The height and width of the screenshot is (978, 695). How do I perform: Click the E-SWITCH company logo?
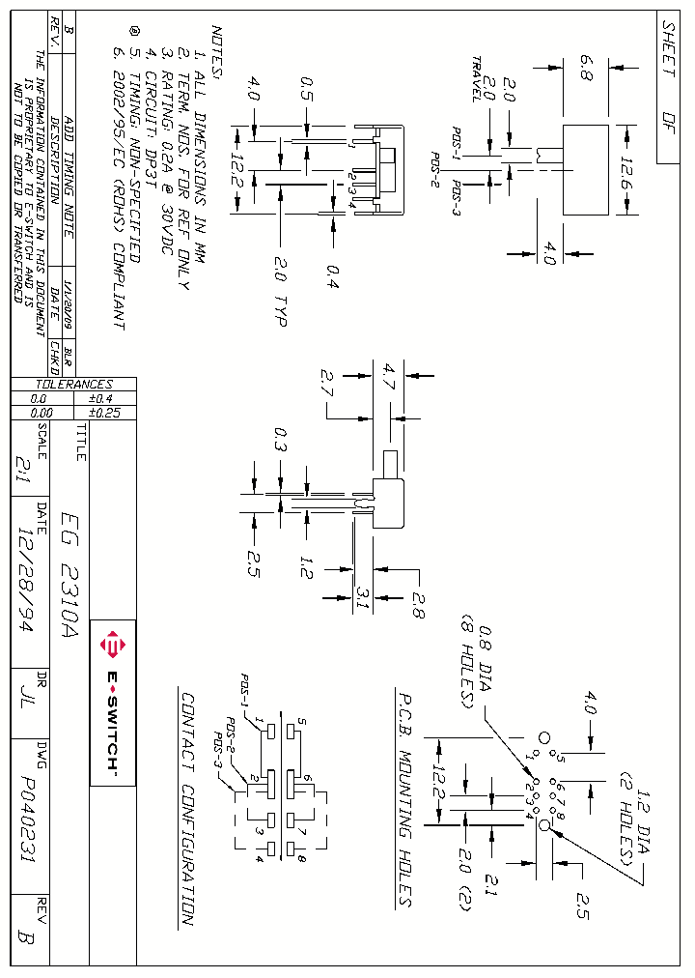[x=112, y=703]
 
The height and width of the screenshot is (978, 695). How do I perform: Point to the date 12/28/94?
[x=29, y=580]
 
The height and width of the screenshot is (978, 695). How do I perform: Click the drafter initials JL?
[x=29, y=703]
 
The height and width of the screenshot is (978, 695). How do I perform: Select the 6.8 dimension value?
[x=587, y=70]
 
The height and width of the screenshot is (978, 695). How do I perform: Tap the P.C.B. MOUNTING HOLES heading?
[x=404, y=798]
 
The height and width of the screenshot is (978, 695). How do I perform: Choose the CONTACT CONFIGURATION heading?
[x=187, y=809]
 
